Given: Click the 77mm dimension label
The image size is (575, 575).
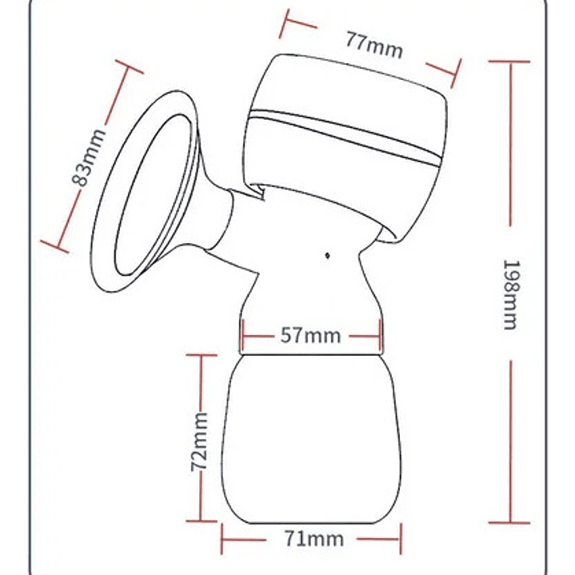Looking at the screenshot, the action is click(374, 46).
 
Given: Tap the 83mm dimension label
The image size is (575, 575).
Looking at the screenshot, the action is click(89, 158).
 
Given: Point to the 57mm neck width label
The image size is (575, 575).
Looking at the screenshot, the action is click(310, 336).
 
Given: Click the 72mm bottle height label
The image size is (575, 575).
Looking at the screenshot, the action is click(199, 442).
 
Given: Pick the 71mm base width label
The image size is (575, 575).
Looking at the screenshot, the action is click(314, 539).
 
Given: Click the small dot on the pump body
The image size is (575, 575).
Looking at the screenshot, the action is click(327, 255).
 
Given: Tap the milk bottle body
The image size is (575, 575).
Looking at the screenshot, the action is click(311, 439).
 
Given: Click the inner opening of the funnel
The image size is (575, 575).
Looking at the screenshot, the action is click(154, 195).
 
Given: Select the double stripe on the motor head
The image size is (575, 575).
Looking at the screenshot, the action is click(345, 137).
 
